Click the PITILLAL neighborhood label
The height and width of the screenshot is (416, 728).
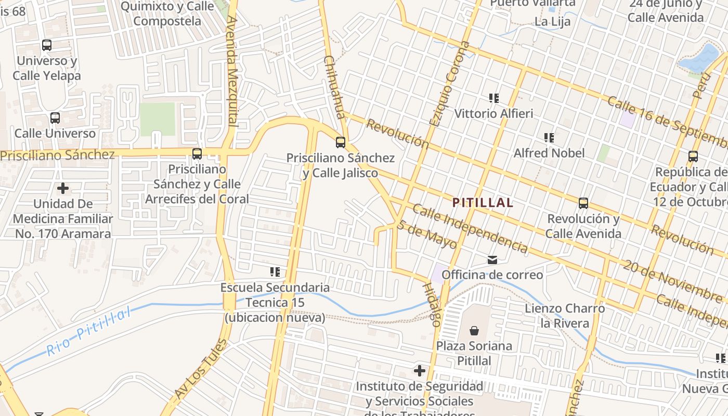click(x=483, y=203)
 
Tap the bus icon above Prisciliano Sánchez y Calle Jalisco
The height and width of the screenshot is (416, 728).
click(x=341, y=142)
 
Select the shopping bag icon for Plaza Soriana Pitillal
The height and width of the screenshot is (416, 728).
click(x=474, y=330)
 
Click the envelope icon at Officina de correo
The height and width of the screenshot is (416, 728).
click(x=492, y=259)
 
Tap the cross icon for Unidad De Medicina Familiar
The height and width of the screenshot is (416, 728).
click(x=63, y=188)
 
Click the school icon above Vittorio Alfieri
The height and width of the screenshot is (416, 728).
click(x=494, y=98)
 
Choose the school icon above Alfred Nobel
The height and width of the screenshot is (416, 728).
click(x=549, y=138)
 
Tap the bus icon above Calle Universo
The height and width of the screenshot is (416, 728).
click(x=55, y=118)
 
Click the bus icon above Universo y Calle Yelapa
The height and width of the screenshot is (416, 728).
click(x=47, y=45)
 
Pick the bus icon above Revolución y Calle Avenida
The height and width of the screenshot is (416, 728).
click(x=583, y=203)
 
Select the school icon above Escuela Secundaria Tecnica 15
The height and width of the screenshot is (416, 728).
click(x=275, y=271)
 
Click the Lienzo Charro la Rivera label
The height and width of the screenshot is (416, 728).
click(x=565, y=316)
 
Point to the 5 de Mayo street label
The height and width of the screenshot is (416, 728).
click(x=426, y=235)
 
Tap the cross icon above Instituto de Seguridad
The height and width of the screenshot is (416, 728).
click(x=419, y=371)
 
